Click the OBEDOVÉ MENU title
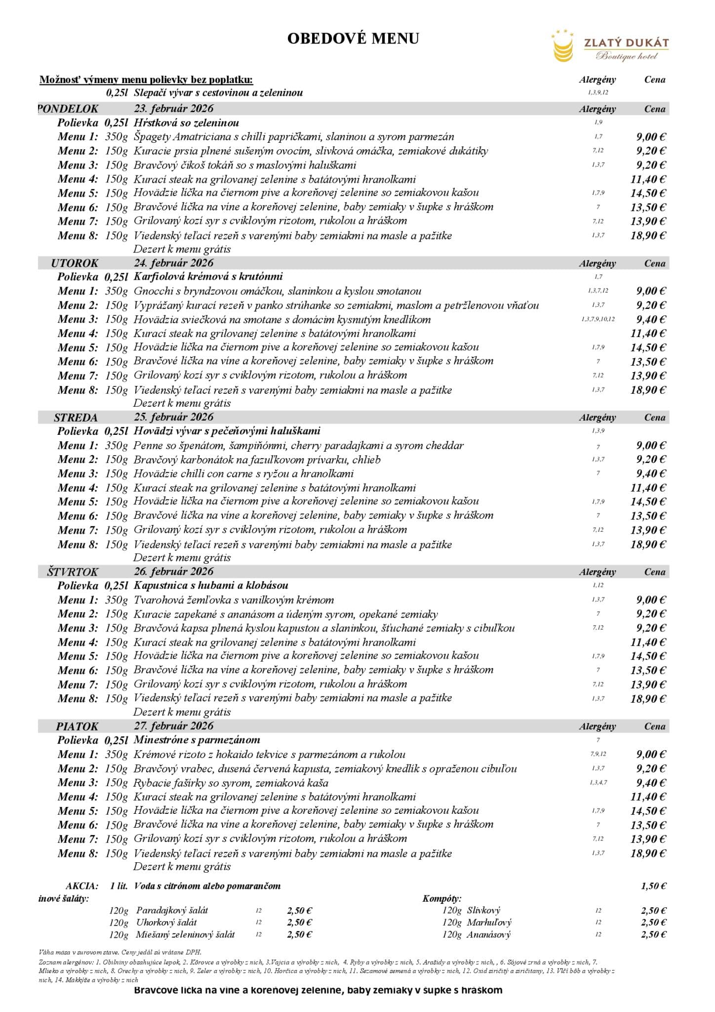tap(353, 39)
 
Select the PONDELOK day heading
tap(68, 109)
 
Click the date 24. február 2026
tap(173, 263)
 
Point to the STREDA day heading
tap(76, 418)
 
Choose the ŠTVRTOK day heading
tap(73, 572)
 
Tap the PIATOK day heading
tap(77, 726)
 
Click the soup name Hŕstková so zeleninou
tap(186, 123)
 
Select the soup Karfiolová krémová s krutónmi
tap(208, 277)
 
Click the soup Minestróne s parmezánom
tap(197, 740)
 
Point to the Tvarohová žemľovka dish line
tap(234, 600)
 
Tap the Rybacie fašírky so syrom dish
tap(231, 783)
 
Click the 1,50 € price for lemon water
tap(654, 886)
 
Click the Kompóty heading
tap(441, 898)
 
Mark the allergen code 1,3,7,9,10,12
tap(598, 319)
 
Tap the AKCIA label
tap(82, 886)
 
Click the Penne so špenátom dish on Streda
tap(298, 446)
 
